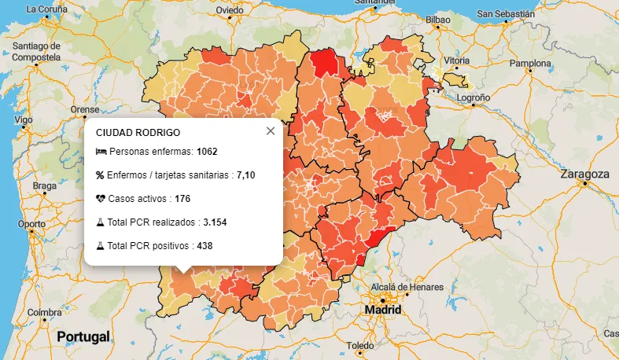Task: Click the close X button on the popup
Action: pos(271,131)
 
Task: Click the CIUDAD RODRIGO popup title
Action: pos(138,134)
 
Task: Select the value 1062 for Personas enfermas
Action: pos(207,151)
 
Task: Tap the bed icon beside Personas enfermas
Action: pos(101,151)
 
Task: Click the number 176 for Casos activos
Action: pos(182,199)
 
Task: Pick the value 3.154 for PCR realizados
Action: pos(215,222)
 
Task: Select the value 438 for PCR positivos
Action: pos(204,246)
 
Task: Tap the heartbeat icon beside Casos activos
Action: pos(101,199)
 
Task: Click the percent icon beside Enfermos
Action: pos(101,174)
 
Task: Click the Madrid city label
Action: pos(383,310)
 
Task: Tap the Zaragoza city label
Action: pos(584,174)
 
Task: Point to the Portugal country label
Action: pos(83,336)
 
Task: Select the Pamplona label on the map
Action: pos(531,63)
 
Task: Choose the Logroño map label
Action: pos(473,97)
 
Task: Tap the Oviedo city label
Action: pos(230,10)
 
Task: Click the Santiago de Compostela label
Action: pos(36,52)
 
